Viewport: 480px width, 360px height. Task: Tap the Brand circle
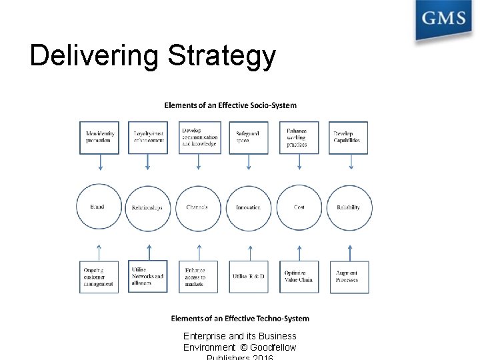[x=99, y=207]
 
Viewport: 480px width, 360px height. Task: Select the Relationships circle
[x=148, y=207]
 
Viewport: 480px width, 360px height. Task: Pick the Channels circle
[x=197, y=207]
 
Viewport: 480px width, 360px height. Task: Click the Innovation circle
[x=248, y=207]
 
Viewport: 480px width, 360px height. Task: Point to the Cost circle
[x=299, y=207]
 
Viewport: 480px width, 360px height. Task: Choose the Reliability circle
[x=349, y=207]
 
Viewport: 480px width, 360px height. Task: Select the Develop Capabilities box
[x=348, y=137]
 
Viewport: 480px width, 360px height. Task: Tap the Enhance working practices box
[x=299, y=137]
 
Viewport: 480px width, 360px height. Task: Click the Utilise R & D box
[x=248, y=277]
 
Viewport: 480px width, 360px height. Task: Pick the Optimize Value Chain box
[x=299, y=277]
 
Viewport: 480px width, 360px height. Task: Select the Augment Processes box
[x=349, y=277]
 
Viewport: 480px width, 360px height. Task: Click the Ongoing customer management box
[x=99, y=277]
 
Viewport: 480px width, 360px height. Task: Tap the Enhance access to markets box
[x=198, y=277]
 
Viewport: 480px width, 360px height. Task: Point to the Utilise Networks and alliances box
[x=148, y=277]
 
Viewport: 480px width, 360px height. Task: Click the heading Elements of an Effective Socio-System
[x=231, y=105]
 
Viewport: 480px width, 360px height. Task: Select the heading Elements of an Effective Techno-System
[x=240, y=318]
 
